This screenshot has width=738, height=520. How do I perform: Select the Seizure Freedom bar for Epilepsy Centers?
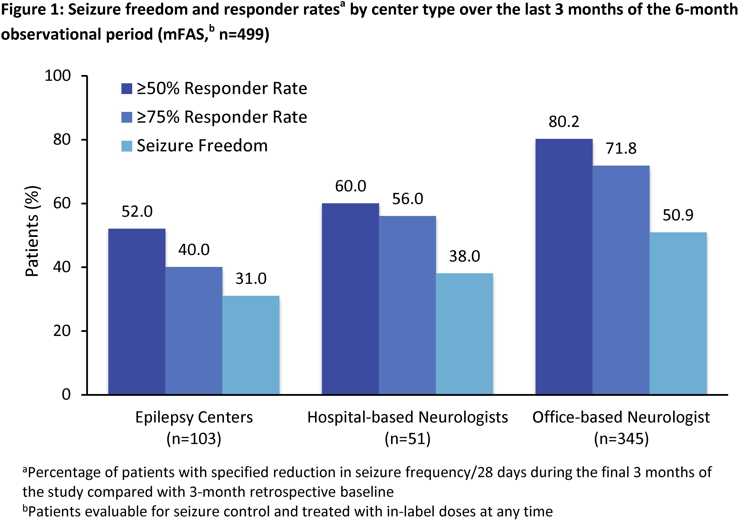point(251,345)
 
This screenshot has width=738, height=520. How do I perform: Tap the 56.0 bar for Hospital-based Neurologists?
point(407,305)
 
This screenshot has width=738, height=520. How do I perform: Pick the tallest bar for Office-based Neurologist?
point(564,267)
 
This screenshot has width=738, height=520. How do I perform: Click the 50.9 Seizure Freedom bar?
point(678,313)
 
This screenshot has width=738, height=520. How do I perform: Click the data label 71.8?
point(621,149)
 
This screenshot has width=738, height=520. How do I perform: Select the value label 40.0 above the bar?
point(194,250)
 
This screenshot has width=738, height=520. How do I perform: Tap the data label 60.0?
point(350,186)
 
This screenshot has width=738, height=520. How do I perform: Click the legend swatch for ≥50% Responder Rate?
point(127,89)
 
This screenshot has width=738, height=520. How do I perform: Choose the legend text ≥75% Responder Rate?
point(222,117)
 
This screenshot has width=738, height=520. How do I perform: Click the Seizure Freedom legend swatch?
point(127,146)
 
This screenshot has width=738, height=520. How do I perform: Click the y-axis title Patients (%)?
point(32,231)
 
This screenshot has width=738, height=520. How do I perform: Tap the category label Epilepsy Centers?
point(194,417)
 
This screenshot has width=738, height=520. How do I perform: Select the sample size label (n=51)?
point(407,439)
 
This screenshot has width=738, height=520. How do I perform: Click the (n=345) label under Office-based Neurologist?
point(621,439)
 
